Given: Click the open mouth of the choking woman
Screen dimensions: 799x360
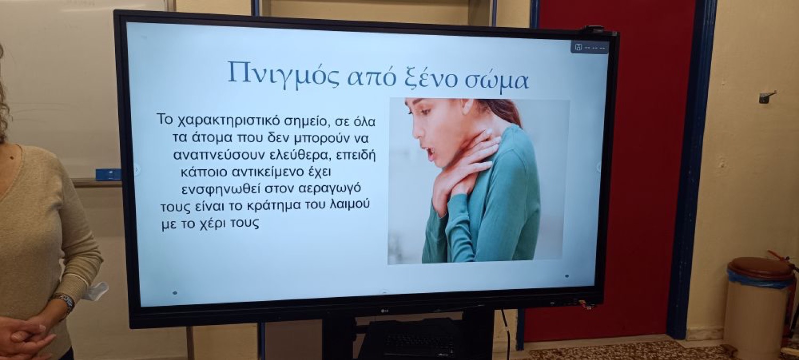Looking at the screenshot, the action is [430, 153].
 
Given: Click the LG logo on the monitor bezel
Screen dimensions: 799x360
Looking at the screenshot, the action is [385, 311].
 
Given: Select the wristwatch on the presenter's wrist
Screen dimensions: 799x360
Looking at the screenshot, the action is [65, 302].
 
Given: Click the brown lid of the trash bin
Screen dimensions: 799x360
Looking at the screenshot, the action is [761, 268].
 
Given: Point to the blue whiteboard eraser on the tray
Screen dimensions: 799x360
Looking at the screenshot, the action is [109, 175].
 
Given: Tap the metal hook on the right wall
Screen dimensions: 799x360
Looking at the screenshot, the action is [767, 96].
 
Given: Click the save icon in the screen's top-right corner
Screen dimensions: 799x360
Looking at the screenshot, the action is [578, 47].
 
